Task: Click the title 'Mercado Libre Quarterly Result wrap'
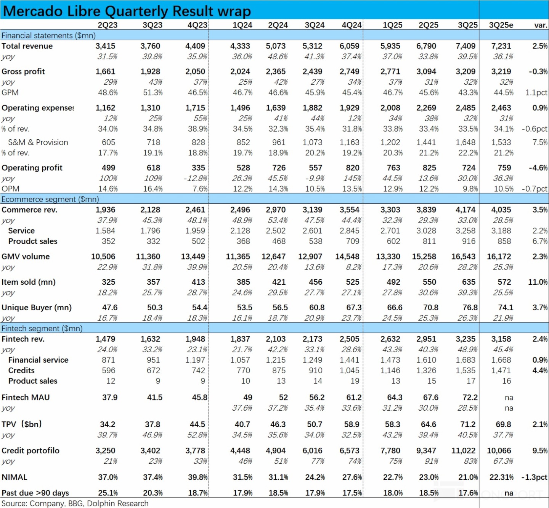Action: point(127,11)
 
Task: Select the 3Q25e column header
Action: point(501,25)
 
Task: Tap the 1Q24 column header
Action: point(242,25)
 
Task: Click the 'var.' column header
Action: point(541,25)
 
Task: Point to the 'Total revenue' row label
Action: point(27,46)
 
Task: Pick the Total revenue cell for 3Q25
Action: point(466,46)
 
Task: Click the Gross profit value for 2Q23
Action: point(105,72)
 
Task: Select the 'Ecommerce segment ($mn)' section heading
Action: point(50,199)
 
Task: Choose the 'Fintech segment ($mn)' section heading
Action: point(42,329)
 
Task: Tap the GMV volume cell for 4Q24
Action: point(347,257)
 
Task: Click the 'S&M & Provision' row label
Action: point(38,142)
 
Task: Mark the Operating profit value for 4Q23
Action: point(198,168)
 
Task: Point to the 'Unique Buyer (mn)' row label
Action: point(37,308)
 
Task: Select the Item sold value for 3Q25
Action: point(469,282)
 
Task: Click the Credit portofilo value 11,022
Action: point(463,451)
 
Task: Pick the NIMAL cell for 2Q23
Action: point(108,477)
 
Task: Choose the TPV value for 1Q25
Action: point(393,424)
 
